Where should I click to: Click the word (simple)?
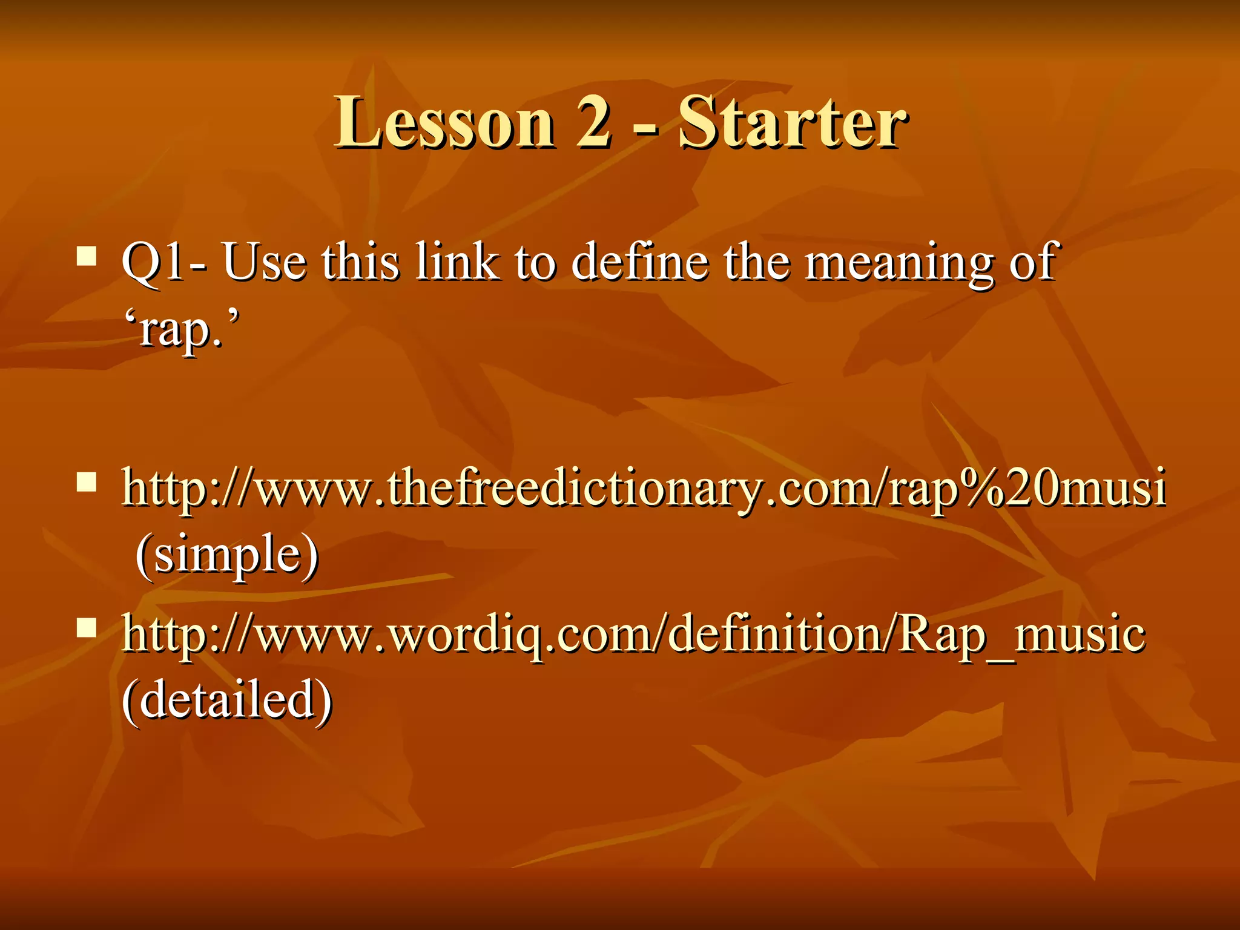(x=226, y=556)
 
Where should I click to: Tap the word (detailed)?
(x=226, y=699)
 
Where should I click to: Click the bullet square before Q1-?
(x=87, y=256)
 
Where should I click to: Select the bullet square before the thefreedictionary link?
(x=87, y=483)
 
